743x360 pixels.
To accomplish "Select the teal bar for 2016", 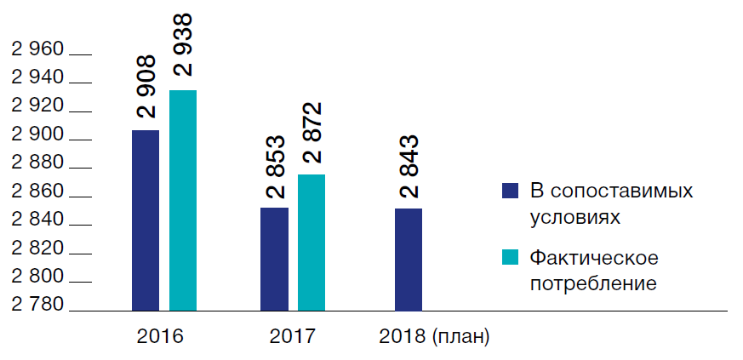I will coord(183,200).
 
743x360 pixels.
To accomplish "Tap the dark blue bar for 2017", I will coord(274,259).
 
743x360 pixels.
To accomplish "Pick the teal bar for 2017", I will coord(311,242).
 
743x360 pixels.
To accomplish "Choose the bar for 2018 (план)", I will coord(409,259).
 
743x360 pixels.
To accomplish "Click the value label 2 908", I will coord(146,87).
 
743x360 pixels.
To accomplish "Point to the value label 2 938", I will coord(182,44).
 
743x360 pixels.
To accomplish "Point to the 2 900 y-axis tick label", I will coord(37,135).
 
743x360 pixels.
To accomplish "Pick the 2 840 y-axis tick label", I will coord(37,220).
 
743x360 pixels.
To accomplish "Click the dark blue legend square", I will coord(510,190).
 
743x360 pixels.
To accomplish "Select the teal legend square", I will coord(510,257).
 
